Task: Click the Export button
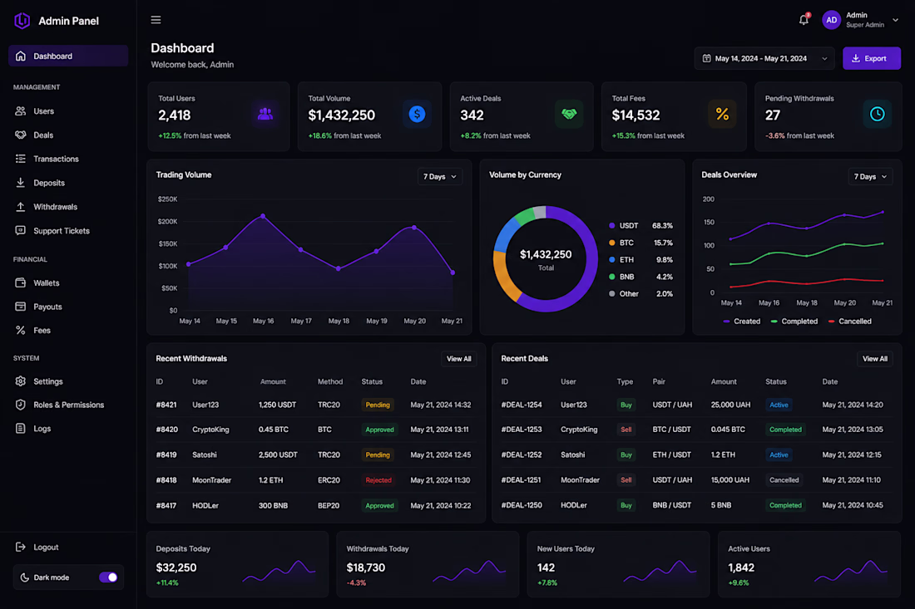click(871, 58)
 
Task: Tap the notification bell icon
click(804, 20)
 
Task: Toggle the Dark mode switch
click(108, 577)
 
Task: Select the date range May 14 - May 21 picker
click(764, 58)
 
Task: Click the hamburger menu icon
click(156, 20)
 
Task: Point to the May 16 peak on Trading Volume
click(263, 216)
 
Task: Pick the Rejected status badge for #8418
click(378, 480)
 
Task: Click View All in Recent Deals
click(875, 359)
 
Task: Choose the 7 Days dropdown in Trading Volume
click(440, 177)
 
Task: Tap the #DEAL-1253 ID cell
click(521, 430)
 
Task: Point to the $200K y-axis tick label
click(167, 222)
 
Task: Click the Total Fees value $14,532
click(636, 115)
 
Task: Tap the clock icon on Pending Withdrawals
click(877, 114)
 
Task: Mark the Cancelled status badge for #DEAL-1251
click(784, 480)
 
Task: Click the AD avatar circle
click(832, 20)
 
